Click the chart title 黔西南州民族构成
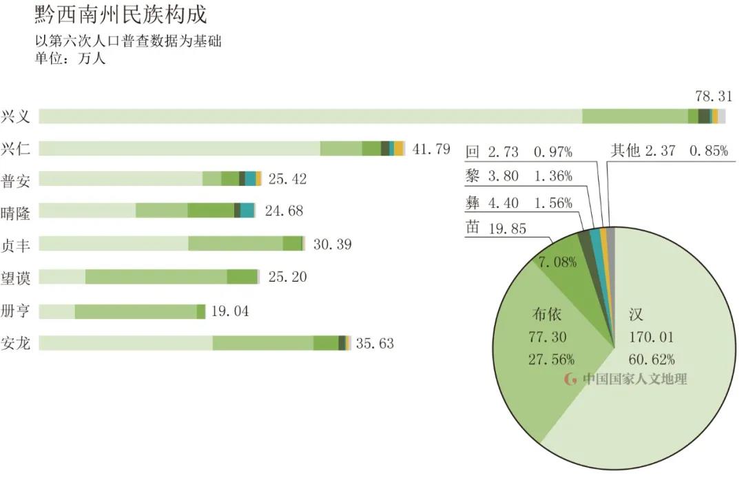(121, 15)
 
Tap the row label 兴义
(16, 116)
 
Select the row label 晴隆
(16, 211)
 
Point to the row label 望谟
(16, 277)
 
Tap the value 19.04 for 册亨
(230, 311)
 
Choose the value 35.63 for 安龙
(375, 343)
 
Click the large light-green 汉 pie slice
(661, 399)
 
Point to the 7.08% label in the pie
(557, 262)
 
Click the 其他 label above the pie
(626, 151)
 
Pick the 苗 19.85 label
(496, 228)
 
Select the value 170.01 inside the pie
(651, 337)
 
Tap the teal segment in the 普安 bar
(251, 179)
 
